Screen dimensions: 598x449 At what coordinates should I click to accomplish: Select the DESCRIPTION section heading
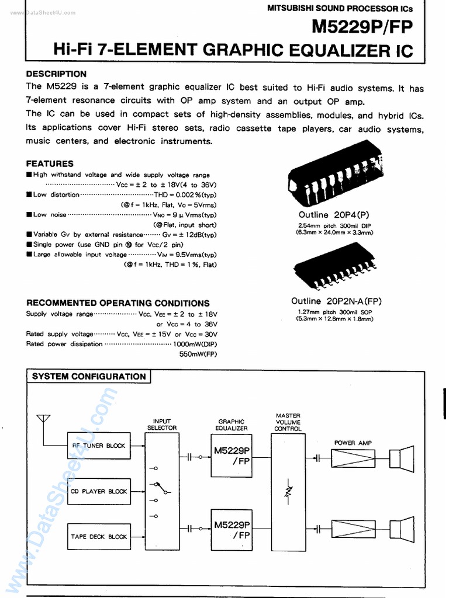[x=56, y=74]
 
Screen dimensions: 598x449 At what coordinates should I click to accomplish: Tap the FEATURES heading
[x=50, y=164]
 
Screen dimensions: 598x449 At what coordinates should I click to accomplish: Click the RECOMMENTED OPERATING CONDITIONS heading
[x=118, y=303]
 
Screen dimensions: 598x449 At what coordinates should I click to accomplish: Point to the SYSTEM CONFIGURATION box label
[x=88, y=377]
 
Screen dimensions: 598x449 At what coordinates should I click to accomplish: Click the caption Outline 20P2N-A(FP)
[x=336, y=301]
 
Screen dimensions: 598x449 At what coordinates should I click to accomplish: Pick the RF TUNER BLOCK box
[x=98, y=446]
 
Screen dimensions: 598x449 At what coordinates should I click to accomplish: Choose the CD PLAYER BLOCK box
[x=98, y=491]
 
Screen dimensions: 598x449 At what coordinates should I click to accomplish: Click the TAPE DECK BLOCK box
[x=98, y=537]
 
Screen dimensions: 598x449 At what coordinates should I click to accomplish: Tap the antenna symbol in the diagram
[x=43, y=419]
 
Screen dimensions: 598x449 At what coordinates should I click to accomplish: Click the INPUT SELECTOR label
[x=162, y=425]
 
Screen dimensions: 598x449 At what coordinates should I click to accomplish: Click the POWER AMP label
[x=353, y=443]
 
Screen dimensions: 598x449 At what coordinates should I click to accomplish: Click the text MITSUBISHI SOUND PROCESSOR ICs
[x=340, y=8]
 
